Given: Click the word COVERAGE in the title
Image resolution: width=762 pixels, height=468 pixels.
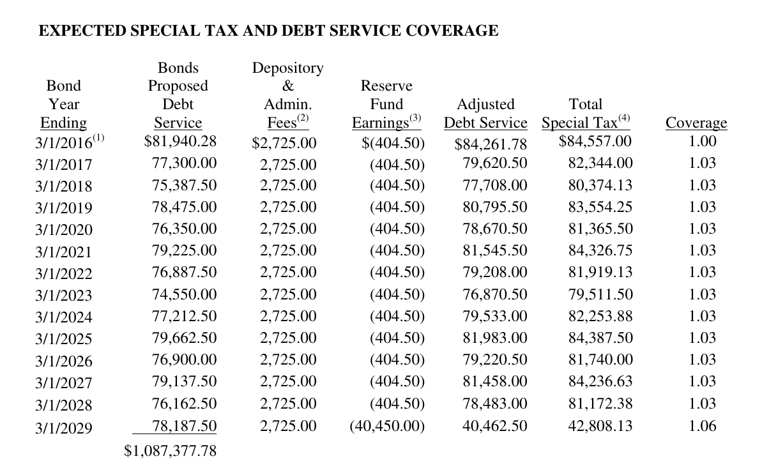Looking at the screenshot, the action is [452, 31].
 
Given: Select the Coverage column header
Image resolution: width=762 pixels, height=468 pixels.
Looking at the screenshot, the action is [696, 123].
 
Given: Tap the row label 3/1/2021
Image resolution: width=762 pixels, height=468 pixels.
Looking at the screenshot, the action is [64, 252].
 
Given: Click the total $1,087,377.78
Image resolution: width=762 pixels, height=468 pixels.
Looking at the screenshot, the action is [170, 451].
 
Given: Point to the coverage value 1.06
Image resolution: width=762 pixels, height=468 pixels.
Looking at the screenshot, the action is [702, 426].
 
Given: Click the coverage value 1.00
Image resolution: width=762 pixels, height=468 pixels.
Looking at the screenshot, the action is [702, 141].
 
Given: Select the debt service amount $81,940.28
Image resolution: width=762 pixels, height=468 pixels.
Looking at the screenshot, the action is [180, 141].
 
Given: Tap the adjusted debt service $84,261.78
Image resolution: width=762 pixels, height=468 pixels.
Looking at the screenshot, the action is [491, 144].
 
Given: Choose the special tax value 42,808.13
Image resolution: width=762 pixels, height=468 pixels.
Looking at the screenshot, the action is [600, 426].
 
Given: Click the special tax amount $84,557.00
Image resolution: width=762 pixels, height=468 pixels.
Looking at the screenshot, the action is [595, 141].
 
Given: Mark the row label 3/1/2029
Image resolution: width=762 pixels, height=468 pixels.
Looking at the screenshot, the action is [64, 428].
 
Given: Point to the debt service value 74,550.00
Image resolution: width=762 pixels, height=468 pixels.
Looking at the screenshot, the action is [184, 294].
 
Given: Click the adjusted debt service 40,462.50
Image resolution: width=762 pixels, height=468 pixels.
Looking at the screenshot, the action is [495, 426].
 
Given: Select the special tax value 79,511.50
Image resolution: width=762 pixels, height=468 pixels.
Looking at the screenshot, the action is [600, 294].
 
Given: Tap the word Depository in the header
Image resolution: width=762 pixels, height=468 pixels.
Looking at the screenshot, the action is [287, 68].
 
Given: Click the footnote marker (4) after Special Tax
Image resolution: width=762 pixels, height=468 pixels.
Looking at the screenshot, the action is [624, 117].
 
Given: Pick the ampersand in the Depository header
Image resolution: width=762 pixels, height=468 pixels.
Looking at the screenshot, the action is [288, 86].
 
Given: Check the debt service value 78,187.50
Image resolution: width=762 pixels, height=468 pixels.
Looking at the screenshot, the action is [184, 426].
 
